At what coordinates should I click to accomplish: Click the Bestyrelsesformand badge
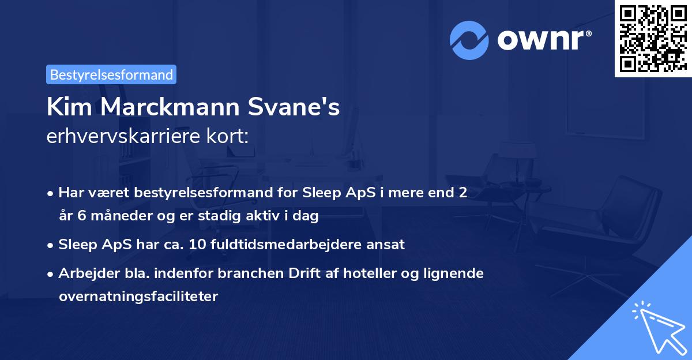point(111,74)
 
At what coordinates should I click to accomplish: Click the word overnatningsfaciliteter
point(138,297)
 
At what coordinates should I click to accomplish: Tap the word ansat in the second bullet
point(388,244)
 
